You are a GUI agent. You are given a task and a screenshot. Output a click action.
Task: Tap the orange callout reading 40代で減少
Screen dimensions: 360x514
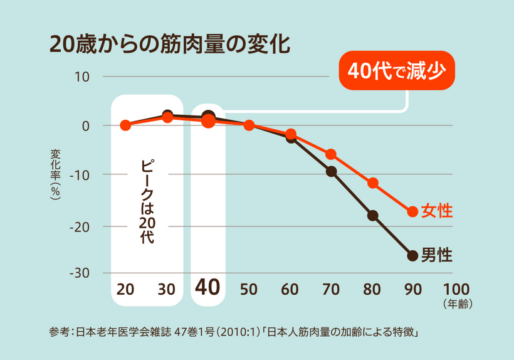[396, 71]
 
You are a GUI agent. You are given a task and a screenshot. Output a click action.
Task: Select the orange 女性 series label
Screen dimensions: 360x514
[437, 211]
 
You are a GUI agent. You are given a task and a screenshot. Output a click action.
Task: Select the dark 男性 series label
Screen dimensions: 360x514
[437, 255]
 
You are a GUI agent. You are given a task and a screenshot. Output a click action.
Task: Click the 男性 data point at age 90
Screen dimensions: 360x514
[412, 255]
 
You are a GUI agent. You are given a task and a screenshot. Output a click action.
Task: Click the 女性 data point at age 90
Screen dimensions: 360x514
[412, 211]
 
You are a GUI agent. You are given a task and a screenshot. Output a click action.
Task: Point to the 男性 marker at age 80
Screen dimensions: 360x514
[373, 216]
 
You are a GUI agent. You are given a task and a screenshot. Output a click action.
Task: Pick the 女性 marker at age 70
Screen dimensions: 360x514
[331, 154]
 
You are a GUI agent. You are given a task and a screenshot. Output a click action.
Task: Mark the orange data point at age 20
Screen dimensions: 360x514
[125, 125]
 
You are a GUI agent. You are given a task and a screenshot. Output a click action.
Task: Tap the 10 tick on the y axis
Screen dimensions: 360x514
[83, 77]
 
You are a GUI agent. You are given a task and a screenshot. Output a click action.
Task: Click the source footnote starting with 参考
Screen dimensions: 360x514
[233, 331]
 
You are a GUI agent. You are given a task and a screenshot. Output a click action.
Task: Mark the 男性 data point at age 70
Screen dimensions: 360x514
[331, 171]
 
